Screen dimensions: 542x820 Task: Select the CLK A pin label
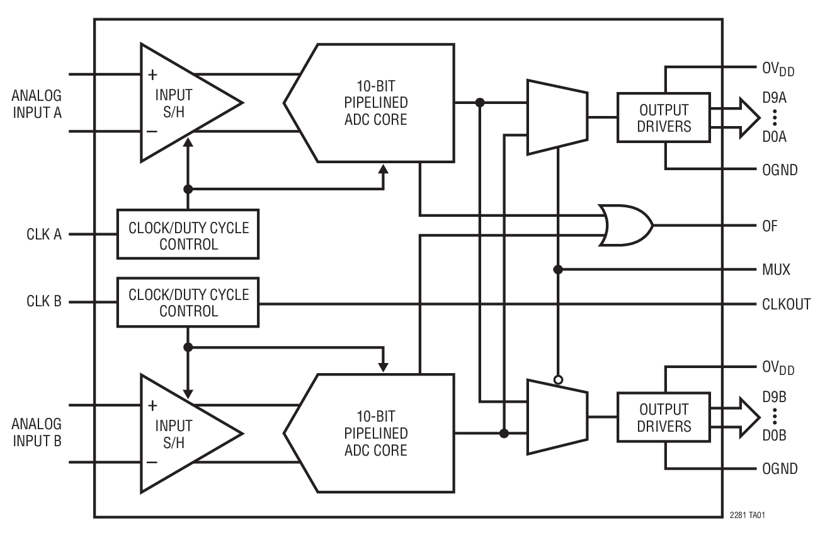pyautogui.click(x=43, y=234)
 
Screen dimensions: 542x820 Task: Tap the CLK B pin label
pyautogui.click(x=43, y=302)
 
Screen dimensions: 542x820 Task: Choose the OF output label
pyautogui.click(x=770, y=226)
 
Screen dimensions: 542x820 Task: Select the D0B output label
pyautogui.click(x=775, y=435)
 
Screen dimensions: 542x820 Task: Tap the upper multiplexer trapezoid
pyautogui.click(x=557, y=117)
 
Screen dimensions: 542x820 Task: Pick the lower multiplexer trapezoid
pyautogui.click(x=557, y=417)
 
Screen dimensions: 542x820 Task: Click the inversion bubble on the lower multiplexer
pyautogui.click(x=558, y=379)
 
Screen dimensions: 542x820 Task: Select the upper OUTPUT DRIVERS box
pyautogui.click(x=663, y=117)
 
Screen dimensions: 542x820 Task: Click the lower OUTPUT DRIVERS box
pyautogui.click(x=663, y=417)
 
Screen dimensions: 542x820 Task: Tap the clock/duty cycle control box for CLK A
pyautogui.click(x=188, y=234)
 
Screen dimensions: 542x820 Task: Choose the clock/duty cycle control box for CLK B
pyautogui.click(x=188, y=303)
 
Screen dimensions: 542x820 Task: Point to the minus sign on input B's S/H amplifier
pyautogui.click(x=152, y=462)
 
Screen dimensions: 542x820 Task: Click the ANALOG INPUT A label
pyautogui.click(x=37, y=105)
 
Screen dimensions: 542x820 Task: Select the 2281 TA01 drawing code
pyautogui.click(x=748, y=515)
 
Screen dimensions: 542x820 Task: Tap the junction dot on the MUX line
pyautogui.click(x=558, y=270)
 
